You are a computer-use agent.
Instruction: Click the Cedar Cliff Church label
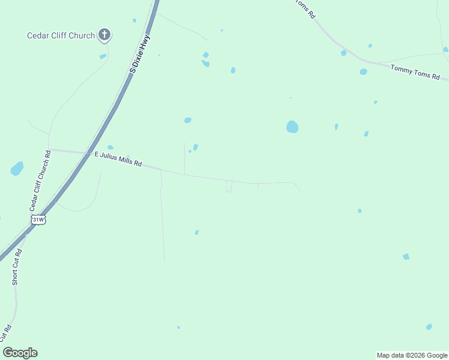(61, 35)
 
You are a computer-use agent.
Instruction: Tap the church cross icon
(104, 35)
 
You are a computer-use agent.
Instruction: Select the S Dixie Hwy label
(140, 54)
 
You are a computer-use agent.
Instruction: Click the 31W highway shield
(38, 220)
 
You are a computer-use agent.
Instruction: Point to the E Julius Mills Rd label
(118, 158)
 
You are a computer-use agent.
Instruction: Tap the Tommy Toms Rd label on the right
(415, 73)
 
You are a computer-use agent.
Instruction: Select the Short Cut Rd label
(17, 267)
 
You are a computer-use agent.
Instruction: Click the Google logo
(20, 353)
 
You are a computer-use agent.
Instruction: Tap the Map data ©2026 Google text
(412, 355)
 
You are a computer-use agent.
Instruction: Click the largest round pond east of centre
(292, 127)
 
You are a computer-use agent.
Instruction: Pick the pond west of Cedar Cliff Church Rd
(17, 169)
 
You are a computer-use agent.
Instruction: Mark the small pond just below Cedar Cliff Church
(103, 56)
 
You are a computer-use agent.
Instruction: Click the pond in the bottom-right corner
(429, 327)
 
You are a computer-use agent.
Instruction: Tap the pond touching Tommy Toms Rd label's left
(363, 72)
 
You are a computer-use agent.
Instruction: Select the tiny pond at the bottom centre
(178, 327)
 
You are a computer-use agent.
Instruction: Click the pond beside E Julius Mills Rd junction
(110, 147)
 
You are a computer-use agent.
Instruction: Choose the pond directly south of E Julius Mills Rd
(197, 232)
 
